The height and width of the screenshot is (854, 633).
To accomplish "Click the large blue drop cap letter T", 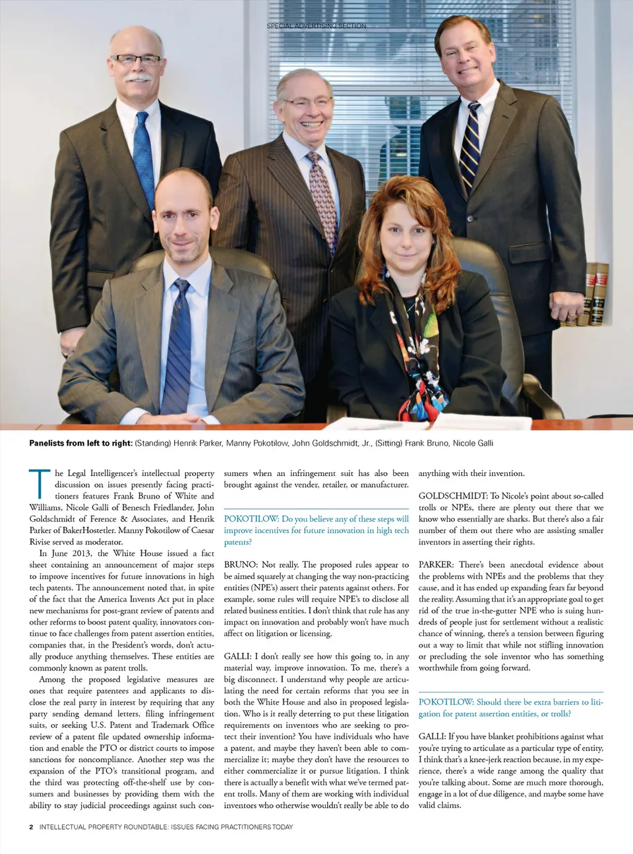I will tap(39, 483).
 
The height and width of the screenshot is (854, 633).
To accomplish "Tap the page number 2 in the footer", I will tap(31, 827).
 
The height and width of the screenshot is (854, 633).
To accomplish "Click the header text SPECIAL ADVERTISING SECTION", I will tap(316, 26).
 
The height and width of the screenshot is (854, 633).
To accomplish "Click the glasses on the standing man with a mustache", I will tap(135, 60).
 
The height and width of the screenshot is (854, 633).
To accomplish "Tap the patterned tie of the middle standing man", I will tap(322, 198).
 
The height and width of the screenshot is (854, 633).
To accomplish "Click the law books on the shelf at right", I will tap(597, 293).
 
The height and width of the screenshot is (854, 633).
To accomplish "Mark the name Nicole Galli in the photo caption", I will tap(473, 443).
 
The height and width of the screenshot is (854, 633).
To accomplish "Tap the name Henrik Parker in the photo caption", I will tap(197, 443).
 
